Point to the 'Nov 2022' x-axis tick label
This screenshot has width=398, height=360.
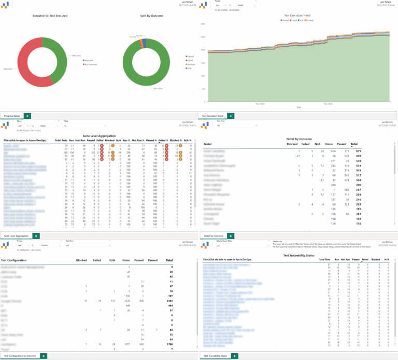(259, 104)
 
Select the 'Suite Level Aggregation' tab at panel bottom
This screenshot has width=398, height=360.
(16, 236)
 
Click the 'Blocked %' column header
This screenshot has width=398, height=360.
(176, 140)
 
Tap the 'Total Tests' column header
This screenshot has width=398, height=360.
(61, 140)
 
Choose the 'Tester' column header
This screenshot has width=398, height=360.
(208, 144)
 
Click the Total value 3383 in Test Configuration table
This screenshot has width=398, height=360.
(169, 300)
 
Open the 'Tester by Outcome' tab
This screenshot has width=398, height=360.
(214, 236)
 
